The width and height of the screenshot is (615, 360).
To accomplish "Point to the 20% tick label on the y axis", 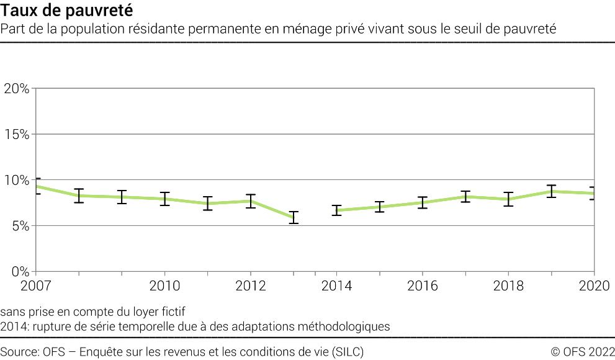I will [16, 88].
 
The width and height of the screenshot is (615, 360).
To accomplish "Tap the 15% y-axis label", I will [16, 134].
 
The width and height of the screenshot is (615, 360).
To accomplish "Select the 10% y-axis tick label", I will [16, 180].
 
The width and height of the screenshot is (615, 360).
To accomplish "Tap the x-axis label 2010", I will [164, 286].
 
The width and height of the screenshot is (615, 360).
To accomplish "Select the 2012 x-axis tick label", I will [250, 286].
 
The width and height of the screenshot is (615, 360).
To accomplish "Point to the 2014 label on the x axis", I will [336, 286].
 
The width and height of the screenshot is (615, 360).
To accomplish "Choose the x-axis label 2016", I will [422, 286].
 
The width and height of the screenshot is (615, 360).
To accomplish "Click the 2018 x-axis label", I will [508, 286].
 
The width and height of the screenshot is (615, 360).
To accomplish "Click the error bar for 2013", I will [294, 217].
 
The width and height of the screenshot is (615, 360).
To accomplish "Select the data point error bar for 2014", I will [336, 210].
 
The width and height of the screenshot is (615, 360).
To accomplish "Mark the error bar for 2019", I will [551, 191].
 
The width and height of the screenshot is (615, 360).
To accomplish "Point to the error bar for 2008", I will [79, 196].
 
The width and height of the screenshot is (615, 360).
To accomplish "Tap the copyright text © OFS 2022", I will [582, 352].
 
